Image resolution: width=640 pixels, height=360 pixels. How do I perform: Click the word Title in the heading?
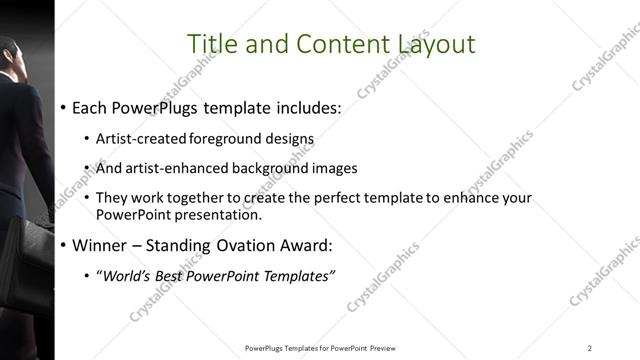[x=211, y=43]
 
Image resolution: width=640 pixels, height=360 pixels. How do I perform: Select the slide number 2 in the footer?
[x=590, y=347]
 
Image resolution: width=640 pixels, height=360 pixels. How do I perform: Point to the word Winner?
[x=100, y=245]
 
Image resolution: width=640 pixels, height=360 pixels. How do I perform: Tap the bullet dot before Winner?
[x=64, y=246]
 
